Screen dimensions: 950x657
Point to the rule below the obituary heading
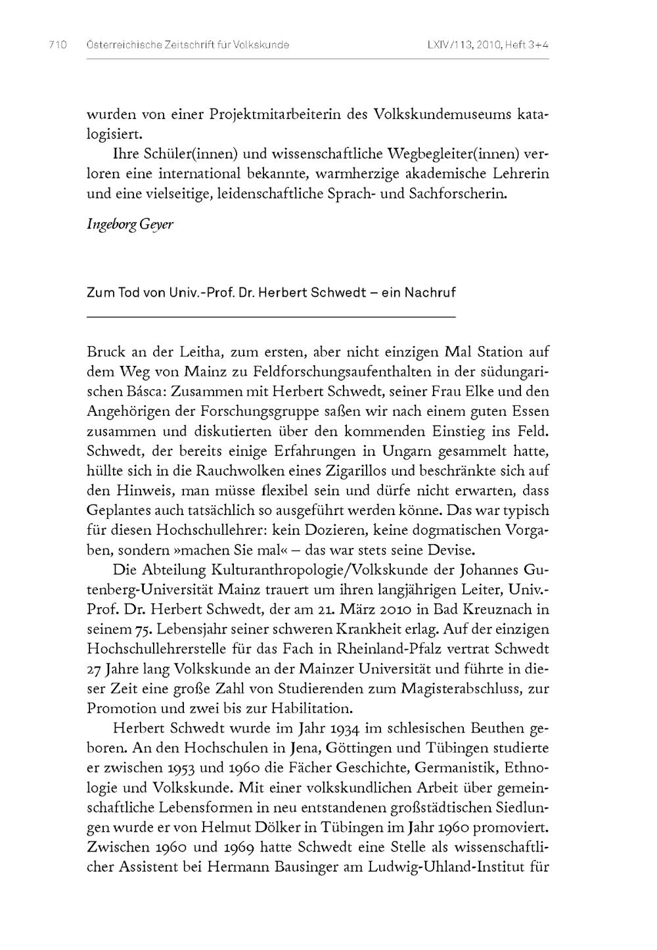[x=271, y=317]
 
